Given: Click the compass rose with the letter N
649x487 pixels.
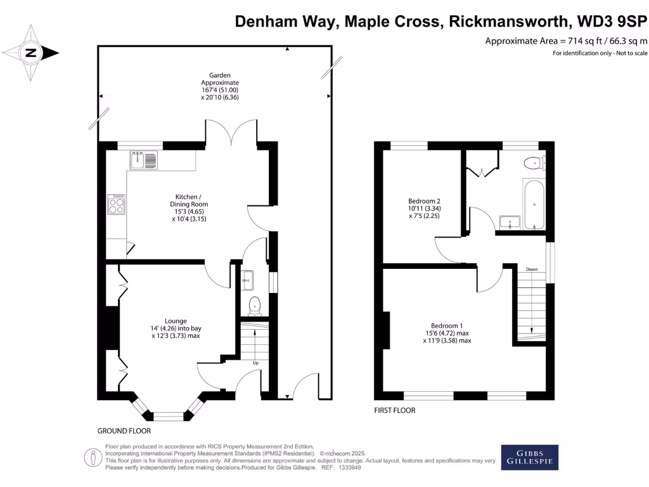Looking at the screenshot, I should tap(30, 53).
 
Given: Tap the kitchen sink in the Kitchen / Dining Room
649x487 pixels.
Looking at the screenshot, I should tap(144, 160).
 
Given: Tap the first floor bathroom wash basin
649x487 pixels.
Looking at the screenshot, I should tap(510, 221).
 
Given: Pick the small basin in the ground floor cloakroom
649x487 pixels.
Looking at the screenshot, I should tap(248, 277).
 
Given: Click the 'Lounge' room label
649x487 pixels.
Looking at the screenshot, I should tap(176, 321).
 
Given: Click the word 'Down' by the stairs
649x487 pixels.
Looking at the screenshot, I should tap(531, 269).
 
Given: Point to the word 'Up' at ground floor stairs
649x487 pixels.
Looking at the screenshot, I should tap(255, 363).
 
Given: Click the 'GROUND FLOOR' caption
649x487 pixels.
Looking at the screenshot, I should tap(124, 431).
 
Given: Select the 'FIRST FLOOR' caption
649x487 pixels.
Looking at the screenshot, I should tap(394, 410).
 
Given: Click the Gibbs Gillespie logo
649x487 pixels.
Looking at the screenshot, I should tap(530, 457).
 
